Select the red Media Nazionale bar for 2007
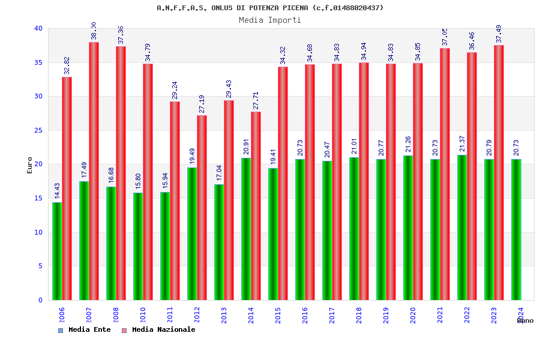tap(94, 171)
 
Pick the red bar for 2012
tap(202, 208)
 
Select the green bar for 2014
tap(246, 229)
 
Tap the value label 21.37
tap(463, 144)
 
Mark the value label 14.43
tap(58, 191)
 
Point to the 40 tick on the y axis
tap(38, 28)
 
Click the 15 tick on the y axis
tap(38, 198)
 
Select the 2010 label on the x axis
tap(143, 315)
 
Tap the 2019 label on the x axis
tap(386, 315)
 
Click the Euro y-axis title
tap(30, 165)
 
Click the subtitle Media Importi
tap(270, 20)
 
